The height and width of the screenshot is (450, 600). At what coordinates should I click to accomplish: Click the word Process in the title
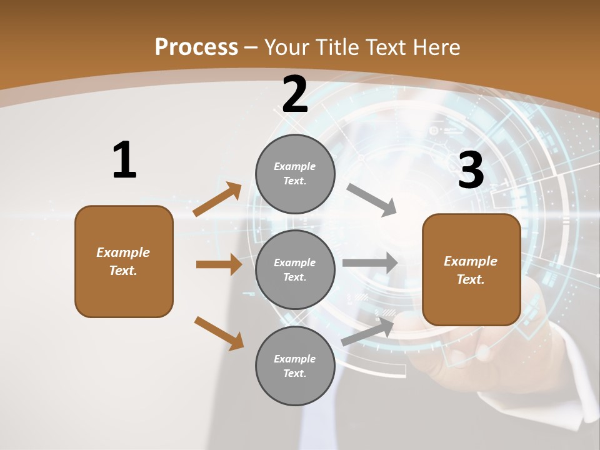tap(196, 47)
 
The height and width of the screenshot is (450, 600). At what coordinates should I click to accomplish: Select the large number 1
tap(124, 161)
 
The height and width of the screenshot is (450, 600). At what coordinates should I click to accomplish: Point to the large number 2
tap(295, 95)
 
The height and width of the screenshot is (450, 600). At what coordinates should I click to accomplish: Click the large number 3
tap(471, 170)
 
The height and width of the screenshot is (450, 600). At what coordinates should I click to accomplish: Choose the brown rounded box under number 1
tap(124, 261)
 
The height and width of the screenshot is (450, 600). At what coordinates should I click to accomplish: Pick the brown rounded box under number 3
tap(471, 269)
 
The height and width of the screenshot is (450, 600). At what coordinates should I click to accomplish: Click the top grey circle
tap(295, 174)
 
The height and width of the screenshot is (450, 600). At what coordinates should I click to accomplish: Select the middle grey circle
tap(295, 269)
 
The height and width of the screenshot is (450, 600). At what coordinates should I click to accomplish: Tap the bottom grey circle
tap(295, 366)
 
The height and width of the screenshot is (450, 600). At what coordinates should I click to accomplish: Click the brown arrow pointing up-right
tap(217, 199)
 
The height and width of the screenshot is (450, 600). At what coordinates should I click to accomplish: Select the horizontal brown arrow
tap(219, 264)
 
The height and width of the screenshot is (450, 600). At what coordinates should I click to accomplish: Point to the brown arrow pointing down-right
tap(219, 333)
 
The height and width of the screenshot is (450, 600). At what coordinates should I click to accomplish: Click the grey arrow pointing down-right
tap(371, 200)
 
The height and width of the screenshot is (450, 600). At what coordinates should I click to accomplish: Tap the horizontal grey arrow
tap(370, 263)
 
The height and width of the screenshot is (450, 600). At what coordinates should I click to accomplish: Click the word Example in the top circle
tap(294, 166)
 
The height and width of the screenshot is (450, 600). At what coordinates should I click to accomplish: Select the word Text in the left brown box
tap(122, 271)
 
